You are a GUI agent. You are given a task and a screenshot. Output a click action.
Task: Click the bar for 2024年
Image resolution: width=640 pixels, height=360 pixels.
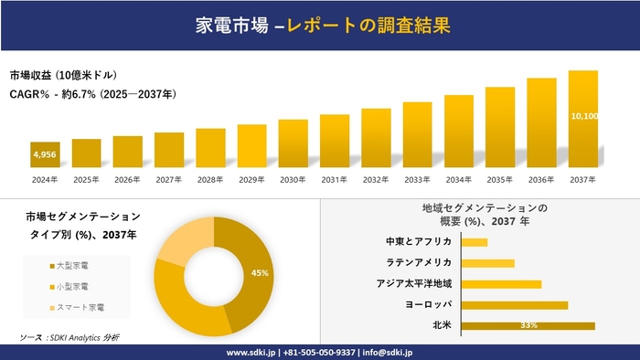coord(45,155)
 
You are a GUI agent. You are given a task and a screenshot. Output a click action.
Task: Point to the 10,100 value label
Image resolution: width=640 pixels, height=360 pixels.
coord(583,116)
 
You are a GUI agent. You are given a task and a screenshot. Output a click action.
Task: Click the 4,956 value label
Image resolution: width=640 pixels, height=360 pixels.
coord(45,155)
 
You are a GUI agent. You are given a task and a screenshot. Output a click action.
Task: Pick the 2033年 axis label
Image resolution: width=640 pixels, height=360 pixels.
coord(417,179)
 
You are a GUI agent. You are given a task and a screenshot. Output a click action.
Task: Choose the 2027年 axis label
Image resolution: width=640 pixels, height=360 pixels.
coord(169,179)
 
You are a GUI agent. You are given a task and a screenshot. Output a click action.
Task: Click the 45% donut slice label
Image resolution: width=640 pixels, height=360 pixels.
coord(260,273)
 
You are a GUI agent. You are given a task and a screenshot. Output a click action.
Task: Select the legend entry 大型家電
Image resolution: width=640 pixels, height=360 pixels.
coord(74,265)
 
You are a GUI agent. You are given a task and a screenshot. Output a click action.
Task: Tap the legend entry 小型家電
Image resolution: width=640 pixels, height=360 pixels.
coord(74,285)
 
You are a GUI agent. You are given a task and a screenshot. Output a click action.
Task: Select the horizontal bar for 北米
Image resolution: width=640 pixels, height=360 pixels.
coord(528,325)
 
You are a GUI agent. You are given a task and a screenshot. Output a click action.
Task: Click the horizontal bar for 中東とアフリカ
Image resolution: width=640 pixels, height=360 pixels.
coord(475,242)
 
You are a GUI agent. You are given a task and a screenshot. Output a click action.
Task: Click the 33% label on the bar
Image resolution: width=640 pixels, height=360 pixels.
coord(528,325)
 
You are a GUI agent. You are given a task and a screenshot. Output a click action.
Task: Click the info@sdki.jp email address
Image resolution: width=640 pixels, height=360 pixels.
coord(389,352)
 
